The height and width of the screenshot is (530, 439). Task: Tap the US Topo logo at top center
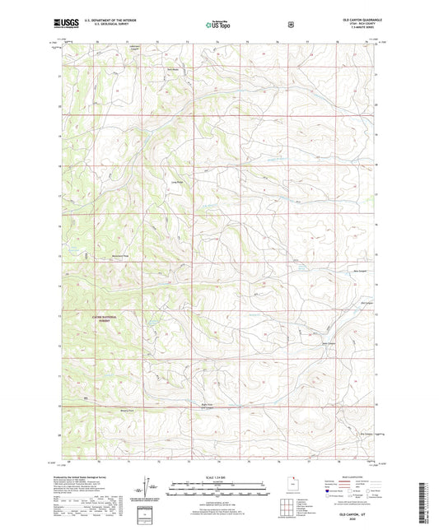pyautogui.click(x=219, y=26)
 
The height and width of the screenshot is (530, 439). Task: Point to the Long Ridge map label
pyautogui.click(x=176, y=182)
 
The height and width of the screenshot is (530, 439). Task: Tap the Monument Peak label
pyautogui.click(x=121, y=257)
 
